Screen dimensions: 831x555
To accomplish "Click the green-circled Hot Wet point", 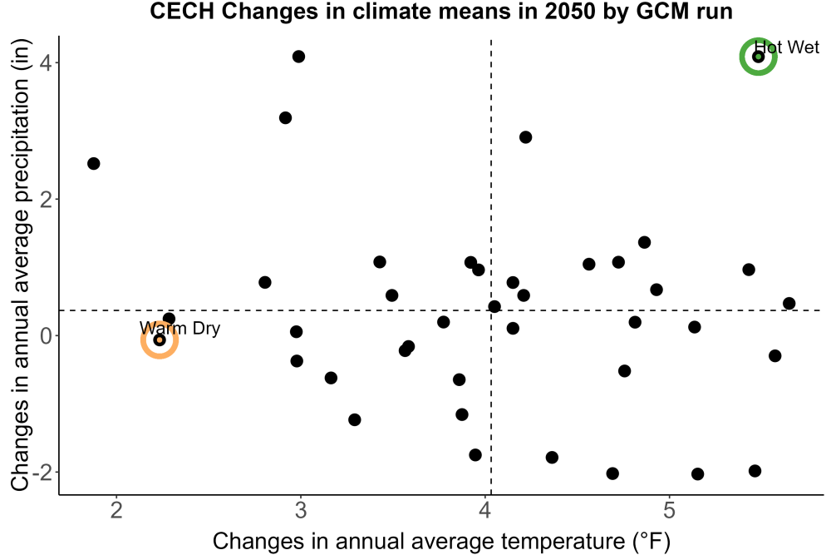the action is pyautogui.click(x=758, y=57).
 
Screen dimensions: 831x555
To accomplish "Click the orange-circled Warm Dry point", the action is pyautogui.click(x=160, y=339).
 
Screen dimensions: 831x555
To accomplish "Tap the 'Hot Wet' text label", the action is pyautogui.click(x=786, y=47).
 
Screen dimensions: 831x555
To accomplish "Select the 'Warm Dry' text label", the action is pyautogui.click(x=179, y=328).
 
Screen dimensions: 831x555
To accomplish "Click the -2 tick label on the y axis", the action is pyautogui.click(x=42, y=472).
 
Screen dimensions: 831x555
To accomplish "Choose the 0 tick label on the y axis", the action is pyautogui.click(x=46, y=335).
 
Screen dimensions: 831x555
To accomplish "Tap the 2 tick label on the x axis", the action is pyautogui.click(x=116, y=510).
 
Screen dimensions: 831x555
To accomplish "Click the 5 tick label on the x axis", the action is pyautogui.click(x=669, y=510).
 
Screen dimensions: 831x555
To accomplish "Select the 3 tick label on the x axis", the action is pyautogui.click(x=301, y=510).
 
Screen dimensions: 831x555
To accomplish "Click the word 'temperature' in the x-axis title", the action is pyautogui.click(x=563, y=542).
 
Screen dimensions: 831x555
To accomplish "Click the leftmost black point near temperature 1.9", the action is pyautogui.click(x=93, y=163).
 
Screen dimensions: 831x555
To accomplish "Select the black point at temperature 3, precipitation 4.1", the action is pyautogui.click(x=298, y=57).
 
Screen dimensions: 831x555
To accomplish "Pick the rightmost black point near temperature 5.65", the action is pyautogui.click(x=789, y=304).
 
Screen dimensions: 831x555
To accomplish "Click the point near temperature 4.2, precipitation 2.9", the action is pyautogui.click(x=525, y=137).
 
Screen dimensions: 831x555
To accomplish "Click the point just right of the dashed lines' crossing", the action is pyautogui.click(x=494, y=306).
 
